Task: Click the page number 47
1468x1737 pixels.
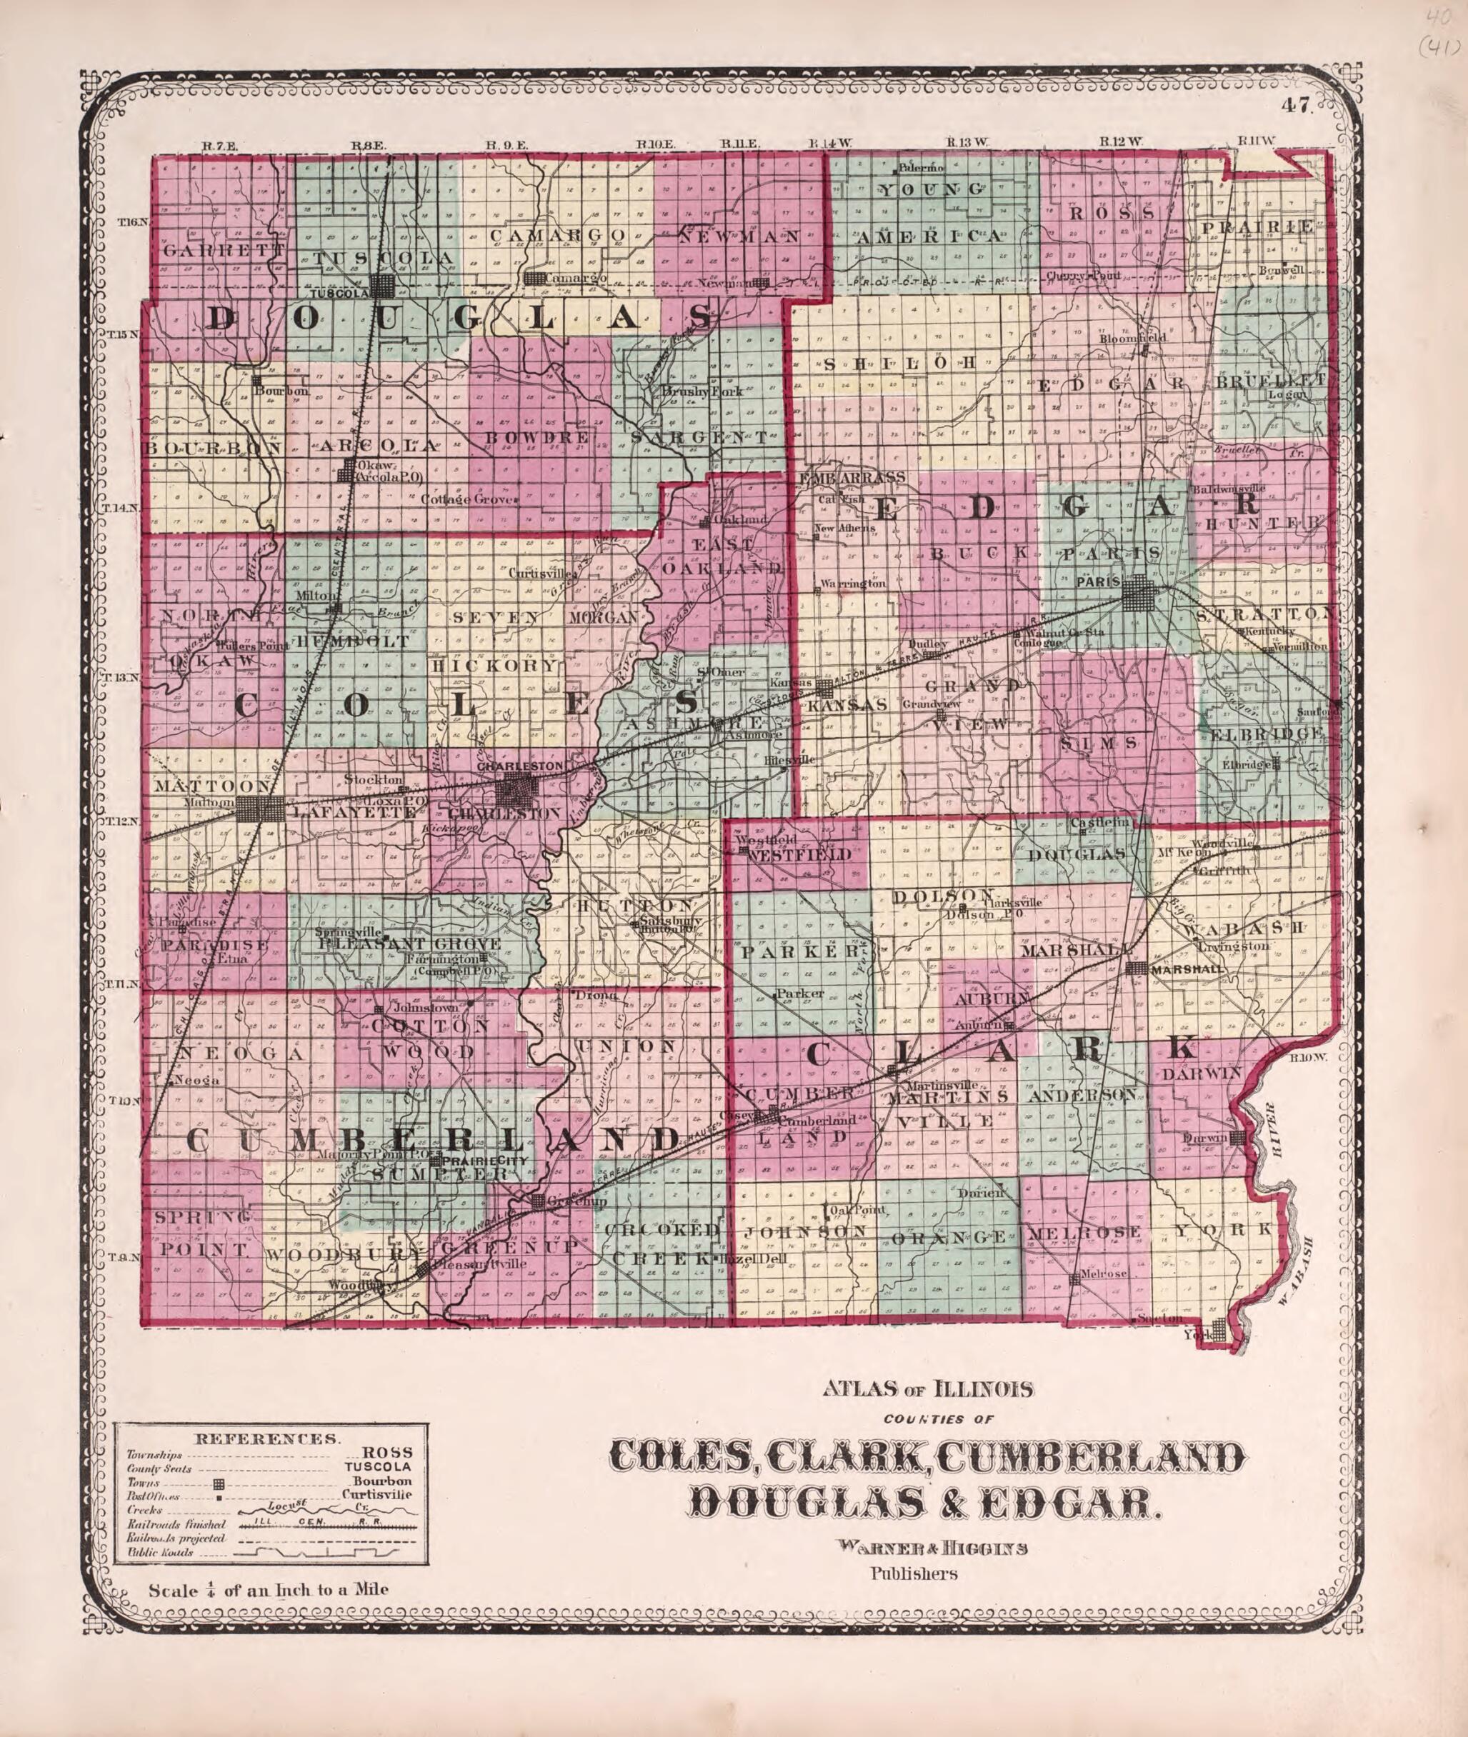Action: [1297, 105]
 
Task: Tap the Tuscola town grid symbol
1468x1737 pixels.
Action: [383, 286]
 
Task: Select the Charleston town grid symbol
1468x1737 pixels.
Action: [516, 788]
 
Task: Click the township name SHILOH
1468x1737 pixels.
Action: [899, 364]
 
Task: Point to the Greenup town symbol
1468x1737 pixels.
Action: [539, 1201]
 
